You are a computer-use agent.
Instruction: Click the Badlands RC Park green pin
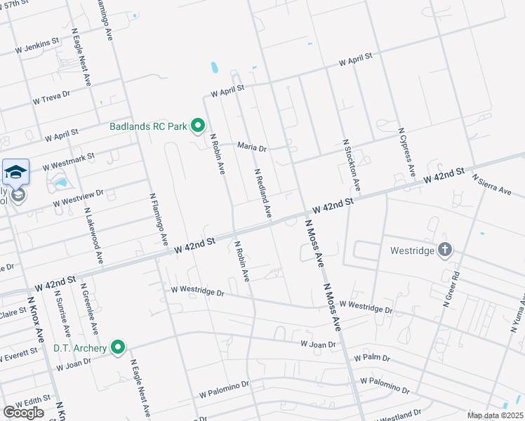click(198, 126)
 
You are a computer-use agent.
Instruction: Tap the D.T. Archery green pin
click(119, 347)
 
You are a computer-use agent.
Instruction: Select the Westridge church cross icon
click(444, 250)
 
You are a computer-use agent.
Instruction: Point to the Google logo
click(23, 413)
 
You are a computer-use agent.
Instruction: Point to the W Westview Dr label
click(79, 197)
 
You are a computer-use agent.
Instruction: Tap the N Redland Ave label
click(262, 193)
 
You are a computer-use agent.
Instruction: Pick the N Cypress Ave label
click(407, 153)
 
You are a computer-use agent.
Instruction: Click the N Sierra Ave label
click(491, 186)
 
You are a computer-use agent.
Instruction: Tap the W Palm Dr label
click(371, 358)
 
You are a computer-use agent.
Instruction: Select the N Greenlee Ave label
click(89, 302)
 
